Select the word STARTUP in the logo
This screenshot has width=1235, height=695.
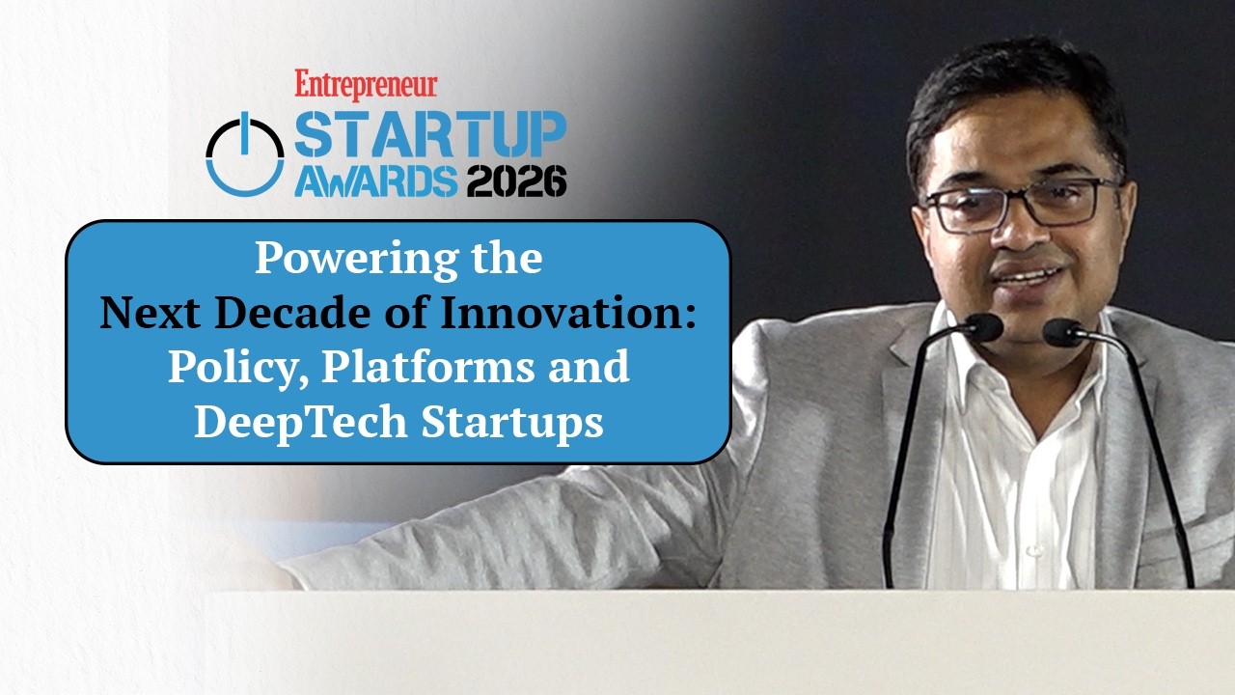pyautogui.click(x=429, y=135)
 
